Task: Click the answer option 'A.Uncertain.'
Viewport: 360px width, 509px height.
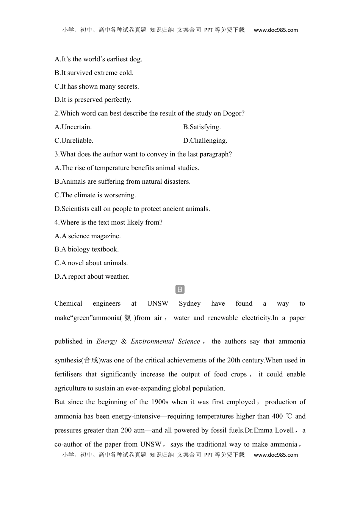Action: pyautogui.click(x=73, y=127)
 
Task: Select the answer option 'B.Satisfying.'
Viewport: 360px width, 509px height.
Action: pyautogui.click(x=202, y=127)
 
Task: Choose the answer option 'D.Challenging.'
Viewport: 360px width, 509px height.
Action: pyautogui.click(x=205, y=141)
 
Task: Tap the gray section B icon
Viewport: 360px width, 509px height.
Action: pyautogui.click(x=180, y=290)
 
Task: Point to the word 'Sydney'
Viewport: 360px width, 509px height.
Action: pyautogui.click(x=189, y=304)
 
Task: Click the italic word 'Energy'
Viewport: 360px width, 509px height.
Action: pyautogui.click(x=106, y=342)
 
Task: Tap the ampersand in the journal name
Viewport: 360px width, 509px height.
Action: pyautogui.click(x=124, y=342)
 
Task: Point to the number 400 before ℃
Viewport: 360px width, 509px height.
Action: pyautogui.click(x=277, y=417)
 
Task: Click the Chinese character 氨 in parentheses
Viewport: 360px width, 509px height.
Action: pyautogui.click(x=128, y=318)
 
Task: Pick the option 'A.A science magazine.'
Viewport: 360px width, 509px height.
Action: pyautogui.click(x=88, y=236)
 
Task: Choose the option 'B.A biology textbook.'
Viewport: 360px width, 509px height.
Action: pyautogui.click(x=86, y=250)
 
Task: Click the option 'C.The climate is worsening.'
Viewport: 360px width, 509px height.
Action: pyautogui.click(x=95, y=195)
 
